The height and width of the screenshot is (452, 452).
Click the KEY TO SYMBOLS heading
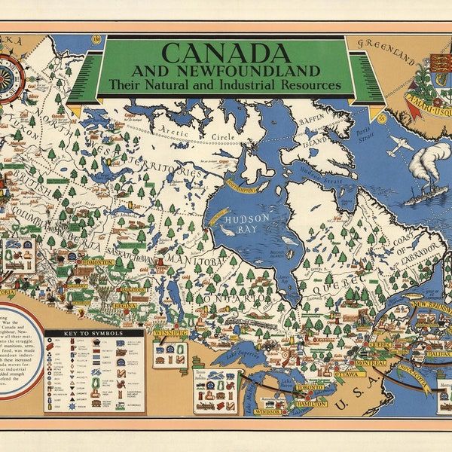(94, 332)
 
